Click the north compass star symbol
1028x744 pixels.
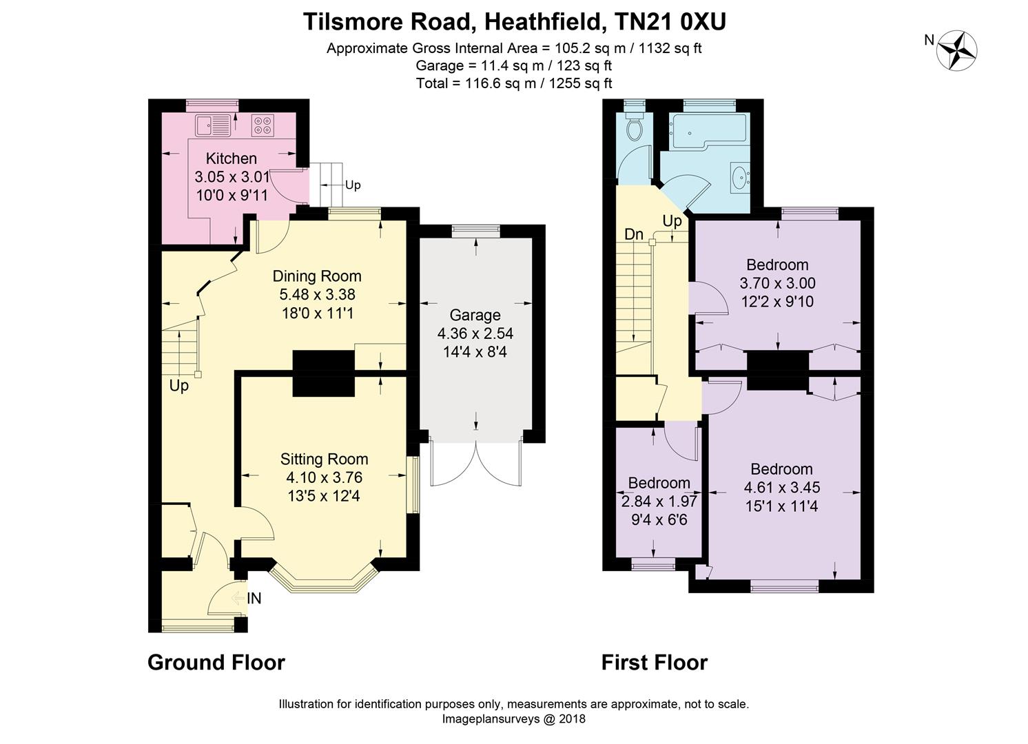point(959,50)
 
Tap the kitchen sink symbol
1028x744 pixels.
point(214,125)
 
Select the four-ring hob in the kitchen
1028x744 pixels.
point(263,125)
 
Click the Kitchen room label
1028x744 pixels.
point(232,158)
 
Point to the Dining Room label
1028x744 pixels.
point(317,276)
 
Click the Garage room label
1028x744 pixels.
point(475,316)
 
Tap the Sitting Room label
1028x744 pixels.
point(324,459)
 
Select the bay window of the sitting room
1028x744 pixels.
point(324,581)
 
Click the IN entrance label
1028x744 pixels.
point(254,599)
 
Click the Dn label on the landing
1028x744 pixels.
point(634,234)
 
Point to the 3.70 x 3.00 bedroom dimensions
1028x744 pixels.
point(777,283)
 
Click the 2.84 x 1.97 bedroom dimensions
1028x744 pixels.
point(659,502)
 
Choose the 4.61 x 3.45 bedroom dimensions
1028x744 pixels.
point(781,488)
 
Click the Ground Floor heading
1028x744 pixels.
point(216,663)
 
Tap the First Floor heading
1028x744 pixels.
point(654,663)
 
